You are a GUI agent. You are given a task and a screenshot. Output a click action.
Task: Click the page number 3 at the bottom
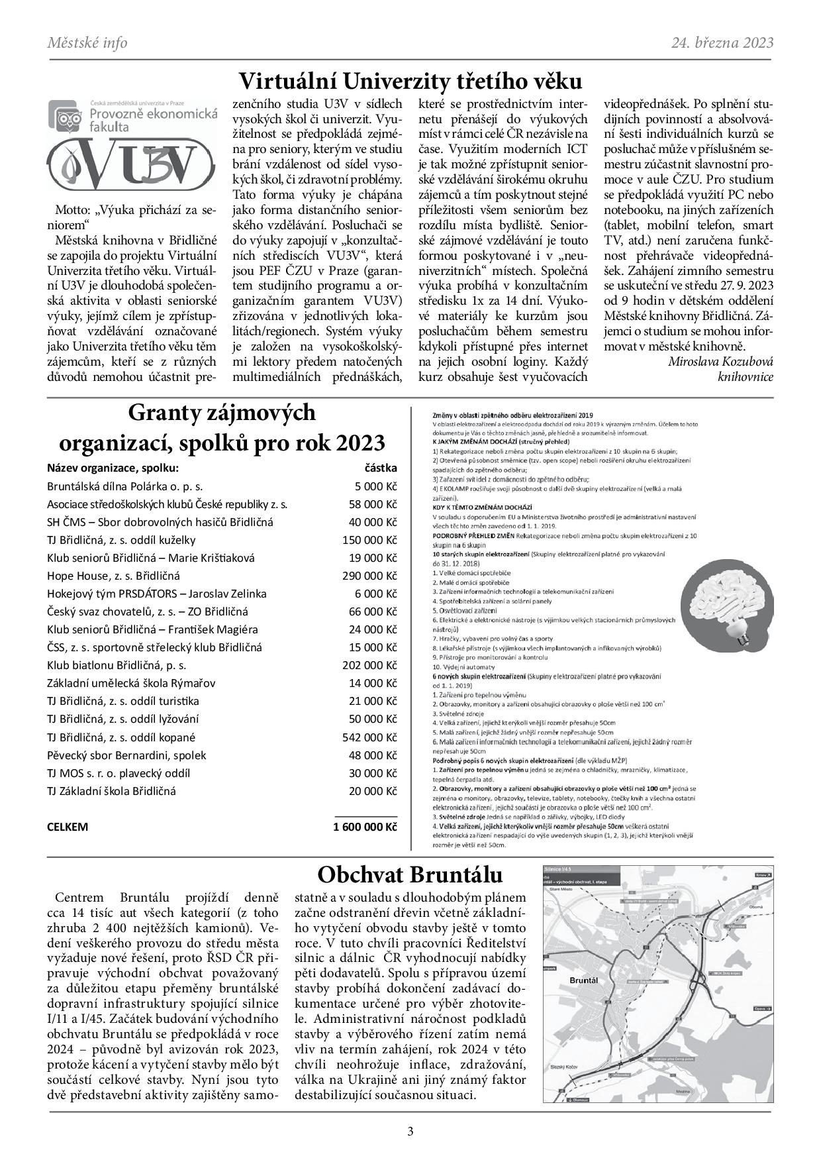pos(410,1131)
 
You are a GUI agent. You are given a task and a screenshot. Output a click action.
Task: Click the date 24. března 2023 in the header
pos(722,43)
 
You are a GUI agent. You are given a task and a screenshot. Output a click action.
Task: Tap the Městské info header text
pos(87,43)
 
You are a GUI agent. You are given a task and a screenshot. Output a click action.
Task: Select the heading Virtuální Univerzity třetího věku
pos(410,81)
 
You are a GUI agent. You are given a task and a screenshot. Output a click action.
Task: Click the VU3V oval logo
pos(131,162)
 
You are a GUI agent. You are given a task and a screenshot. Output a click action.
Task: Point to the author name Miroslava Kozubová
pos(720,361)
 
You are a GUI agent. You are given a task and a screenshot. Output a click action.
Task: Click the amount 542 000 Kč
pos(369,737)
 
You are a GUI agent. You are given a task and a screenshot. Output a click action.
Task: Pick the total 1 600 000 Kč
pos(365,827)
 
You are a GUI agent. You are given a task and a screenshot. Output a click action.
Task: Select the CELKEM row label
pos(68,827)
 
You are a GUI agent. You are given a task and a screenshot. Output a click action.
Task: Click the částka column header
pos(381,468)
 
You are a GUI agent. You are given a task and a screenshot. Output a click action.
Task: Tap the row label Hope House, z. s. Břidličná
pos(113,576)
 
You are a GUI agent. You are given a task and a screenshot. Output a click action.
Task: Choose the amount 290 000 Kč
pos(369,576)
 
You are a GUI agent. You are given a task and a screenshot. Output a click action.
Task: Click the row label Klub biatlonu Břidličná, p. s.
pos(117,665)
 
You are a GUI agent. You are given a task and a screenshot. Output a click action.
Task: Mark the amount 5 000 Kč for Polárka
pos(375,486)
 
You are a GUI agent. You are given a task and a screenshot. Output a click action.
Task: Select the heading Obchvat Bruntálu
pos(410,875)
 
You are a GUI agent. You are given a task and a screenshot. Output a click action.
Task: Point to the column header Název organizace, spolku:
pos(113,468)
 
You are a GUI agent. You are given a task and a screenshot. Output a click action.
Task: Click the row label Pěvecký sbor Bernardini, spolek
pos(126,755)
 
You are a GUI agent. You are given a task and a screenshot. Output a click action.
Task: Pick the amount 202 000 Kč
pos(369,665)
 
